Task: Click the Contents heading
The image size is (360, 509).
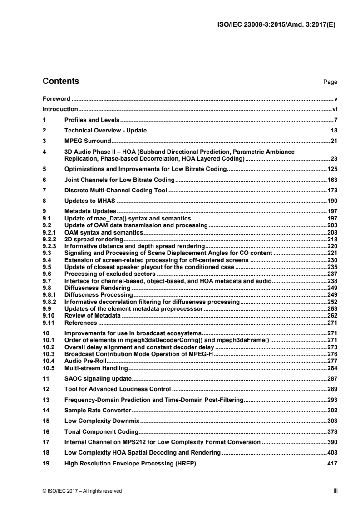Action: [x=60, y=82]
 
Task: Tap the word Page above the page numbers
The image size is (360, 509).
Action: [x=330, y=83]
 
